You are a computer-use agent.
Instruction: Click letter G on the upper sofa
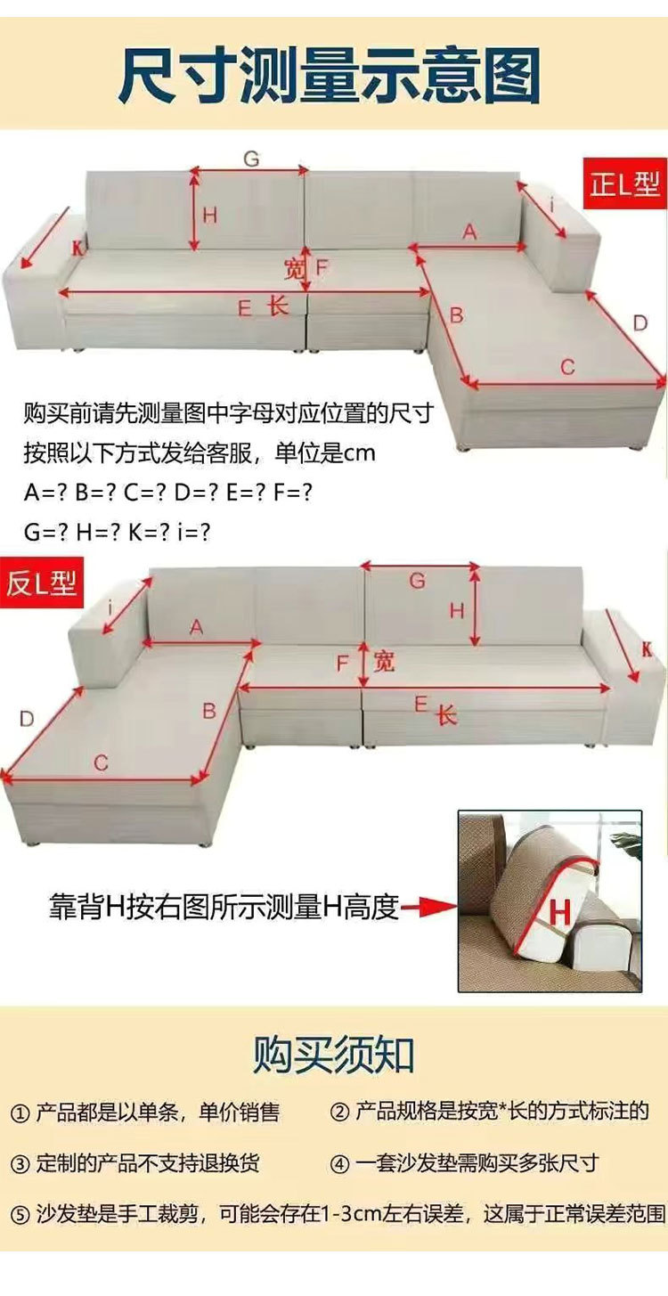(x=251, y=159)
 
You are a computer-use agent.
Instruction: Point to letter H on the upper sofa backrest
(x=209, y=214)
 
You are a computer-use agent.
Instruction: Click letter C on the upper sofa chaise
(x=567, y=366)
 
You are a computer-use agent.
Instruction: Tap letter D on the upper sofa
(x=640, y=323)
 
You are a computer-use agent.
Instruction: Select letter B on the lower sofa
(x=209, y=711)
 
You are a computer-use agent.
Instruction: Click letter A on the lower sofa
(x=197, y=628)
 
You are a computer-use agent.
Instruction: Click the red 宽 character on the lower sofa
(x=384, y=662)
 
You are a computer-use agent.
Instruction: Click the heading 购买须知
(x=334, y=1056)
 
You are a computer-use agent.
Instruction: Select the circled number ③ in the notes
(x=20, y=1164)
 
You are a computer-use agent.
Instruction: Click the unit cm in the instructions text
(x=360, y=453)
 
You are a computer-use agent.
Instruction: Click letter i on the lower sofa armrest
(x=110, y=609)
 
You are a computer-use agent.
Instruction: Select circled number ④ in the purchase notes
(x=339, y=1164)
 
